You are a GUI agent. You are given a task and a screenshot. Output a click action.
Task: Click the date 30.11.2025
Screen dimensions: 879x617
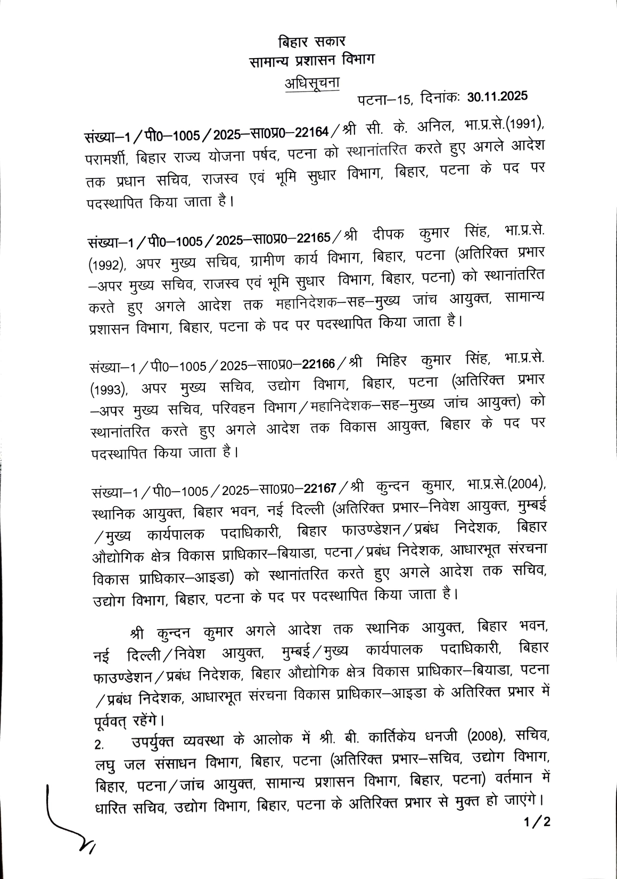tap(497, 97)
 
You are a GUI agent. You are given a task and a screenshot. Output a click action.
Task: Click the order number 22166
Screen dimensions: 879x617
tap(318, 364)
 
